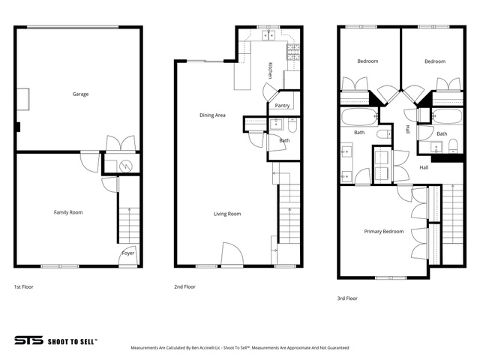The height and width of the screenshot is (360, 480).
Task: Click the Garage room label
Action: (80, 94)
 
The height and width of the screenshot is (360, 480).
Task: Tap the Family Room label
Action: (68, 212)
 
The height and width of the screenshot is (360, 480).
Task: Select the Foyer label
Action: (128, 253)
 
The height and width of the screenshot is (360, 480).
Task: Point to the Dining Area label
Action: (212, 115)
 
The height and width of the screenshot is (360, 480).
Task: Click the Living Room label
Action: (227, 214)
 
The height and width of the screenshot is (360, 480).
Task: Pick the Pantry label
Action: (282, 106)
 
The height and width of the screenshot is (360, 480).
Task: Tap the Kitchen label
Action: (270, 70)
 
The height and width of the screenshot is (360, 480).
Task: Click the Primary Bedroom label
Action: (384, 232)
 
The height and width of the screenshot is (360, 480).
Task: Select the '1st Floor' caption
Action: (23, 286)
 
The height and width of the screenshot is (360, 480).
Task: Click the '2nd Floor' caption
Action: (184, 286)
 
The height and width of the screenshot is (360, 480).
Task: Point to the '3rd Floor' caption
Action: (347, 298)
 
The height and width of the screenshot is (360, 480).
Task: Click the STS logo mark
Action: (28, 340)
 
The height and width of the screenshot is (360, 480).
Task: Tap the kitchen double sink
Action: (268, 35)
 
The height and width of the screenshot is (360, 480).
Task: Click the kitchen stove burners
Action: (293, 52)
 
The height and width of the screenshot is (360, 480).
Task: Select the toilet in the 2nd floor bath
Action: (292, 126)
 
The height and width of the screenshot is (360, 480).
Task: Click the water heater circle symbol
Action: (125, 166)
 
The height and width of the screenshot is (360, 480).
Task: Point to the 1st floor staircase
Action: (129, 226)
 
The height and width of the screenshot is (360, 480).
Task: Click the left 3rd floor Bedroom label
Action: (367, 61)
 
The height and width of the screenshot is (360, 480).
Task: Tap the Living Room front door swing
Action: (232, 253)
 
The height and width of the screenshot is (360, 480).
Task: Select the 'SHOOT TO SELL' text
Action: (73, 342)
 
